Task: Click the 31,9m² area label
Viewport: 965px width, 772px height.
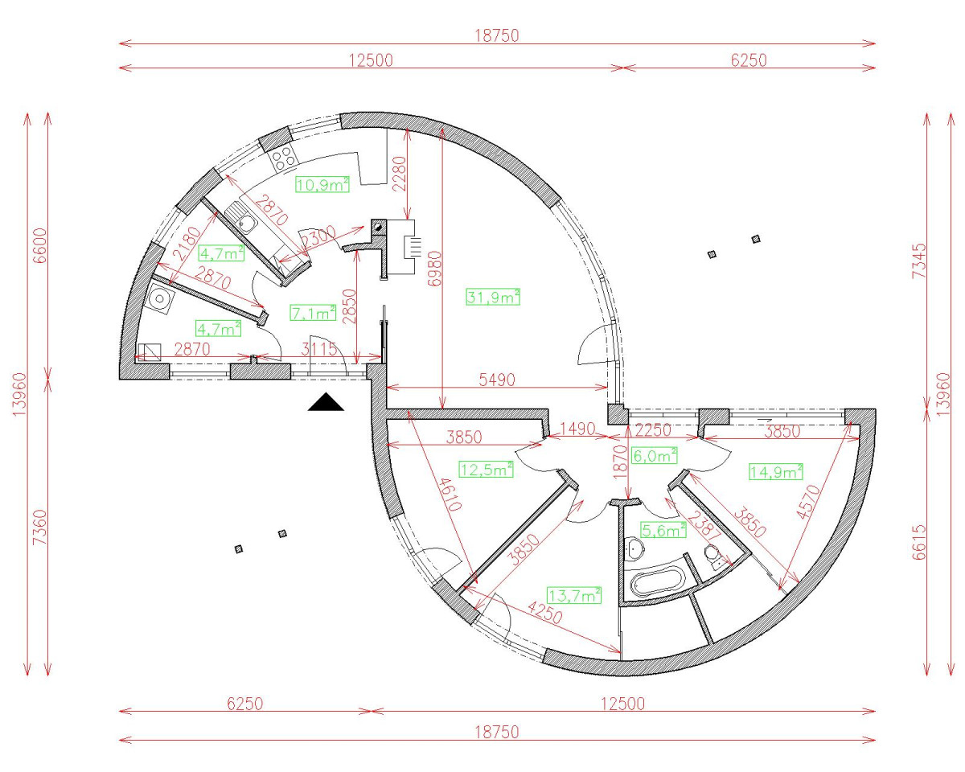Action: tap(493, 297)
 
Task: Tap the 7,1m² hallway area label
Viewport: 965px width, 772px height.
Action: tap(313, 312)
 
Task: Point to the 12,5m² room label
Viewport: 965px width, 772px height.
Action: tap(486, 469)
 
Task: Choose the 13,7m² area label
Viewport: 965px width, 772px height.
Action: tap(574, 595)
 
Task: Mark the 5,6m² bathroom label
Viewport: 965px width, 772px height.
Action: tap(663, 529)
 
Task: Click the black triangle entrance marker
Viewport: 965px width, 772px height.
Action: tap(326, 403)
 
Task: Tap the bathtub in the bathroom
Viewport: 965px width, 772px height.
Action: tap(655, 583)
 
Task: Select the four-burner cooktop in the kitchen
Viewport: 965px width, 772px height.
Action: tap(283, 159)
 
